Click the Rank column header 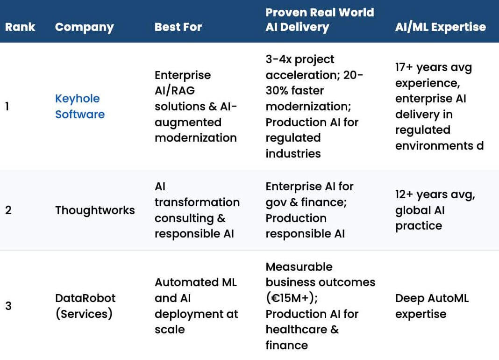(x=20, y=27)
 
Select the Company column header (x=84, y=27)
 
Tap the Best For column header (x=178, y=27)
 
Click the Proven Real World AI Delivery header (x=320, y=20)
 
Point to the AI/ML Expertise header (x=440, y=27)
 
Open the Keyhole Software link (x=79, y=107)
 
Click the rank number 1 (x=7, y=107)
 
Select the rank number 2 (x=8, y=210)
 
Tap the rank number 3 (x=8, y=306)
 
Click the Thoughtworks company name (x=95, y=210)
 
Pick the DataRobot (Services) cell (x=85, y=306)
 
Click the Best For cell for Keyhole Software (x=196, y=107)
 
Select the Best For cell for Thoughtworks (x=197, y=210)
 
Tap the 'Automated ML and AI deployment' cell (x=196, y=306)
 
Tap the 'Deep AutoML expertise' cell (x=431, y=306)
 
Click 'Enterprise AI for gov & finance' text (x=309, y=194)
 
